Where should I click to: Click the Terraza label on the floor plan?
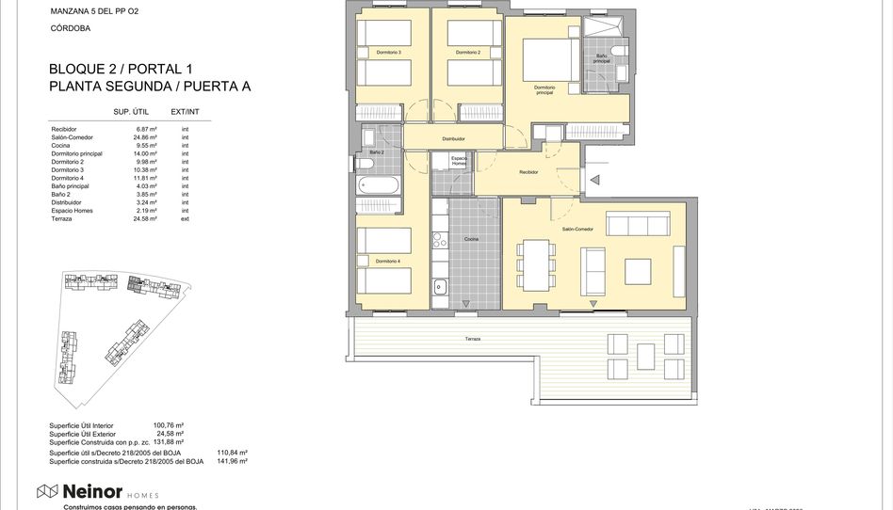click(x=472, y=339)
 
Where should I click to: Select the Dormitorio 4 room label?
click(x=387, y=261)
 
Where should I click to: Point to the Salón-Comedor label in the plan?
click(x=576, y=230)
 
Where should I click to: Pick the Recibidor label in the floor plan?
click(x=528, y=172)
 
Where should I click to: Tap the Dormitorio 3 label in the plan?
click(x=388, y=53)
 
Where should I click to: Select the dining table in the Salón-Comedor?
click(x=535, y=264)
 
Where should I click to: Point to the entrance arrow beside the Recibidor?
click(x=594, y=179)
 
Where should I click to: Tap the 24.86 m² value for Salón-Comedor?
click(x=144, y=137)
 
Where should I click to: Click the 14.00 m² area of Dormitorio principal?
click(x=144, y=153)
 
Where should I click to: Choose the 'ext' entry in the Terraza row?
click(x=185, y=218)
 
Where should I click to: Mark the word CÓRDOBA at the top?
click(x=70, y=29)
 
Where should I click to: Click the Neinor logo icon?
click(x=47, y=491)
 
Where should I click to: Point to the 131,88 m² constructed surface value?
click(x=168, y=441)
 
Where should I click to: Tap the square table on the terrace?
click(x=645, y=357)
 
